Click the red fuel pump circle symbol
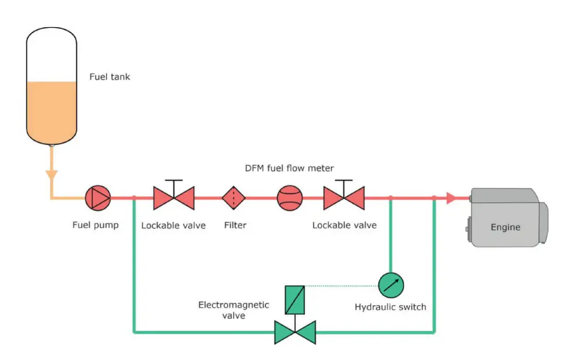tap(98, 198)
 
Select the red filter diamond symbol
tap(234, 198)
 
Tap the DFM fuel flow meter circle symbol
tap(289, 198)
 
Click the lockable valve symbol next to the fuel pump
tap(174, 198)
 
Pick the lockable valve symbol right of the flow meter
tap(344, 198)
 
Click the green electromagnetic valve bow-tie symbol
tap(295, 332)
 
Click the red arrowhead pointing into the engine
tap(451, 198)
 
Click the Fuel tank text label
tap(110, 76)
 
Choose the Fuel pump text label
tap(96, 225)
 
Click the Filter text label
tap(235, 225)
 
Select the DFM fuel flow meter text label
tap(289, 168)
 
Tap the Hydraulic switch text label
tap(390, 307)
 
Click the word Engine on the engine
tap(505, 227)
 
